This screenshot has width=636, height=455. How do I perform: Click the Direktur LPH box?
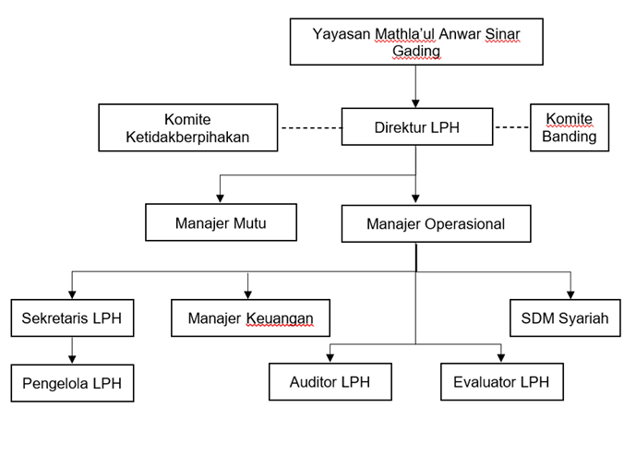(x=417, y=126)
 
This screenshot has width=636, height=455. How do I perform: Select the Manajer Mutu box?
(x=221, y=222)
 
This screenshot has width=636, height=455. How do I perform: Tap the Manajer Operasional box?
(x=436, y=223)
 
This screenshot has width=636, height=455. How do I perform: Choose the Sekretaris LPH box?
(x=72, y=317)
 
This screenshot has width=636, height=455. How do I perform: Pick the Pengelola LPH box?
(x=72, y=383)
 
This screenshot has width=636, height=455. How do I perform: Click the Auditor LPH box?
(x=330, y=381)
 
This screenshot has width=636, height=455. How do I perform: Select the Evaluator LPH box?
(x=502, y=381)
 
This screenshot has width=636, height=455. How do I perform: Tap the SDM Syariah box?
(x=565, y=317)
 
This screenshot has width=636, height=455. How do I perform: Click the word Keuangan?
(x=280, y=318)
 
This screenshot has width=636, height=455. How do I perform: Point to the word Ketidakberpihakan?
(x=187, y=138)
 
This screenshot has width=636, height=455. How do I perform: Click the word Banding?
(x=569, y=137)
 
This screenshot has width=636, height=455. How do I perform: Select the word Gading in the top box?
(x=416, y=51)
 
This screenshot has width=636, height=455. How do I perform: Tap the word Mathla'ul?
(x=405, y=34)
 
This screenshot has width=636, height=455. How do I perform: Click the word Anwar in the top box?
(x=460, y=34)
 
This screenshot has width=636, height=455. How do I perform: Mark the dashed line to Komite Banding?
(x=512, y=127)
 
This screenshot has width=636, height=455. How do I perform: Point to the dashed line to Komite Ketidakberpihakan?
(x=311, y=128)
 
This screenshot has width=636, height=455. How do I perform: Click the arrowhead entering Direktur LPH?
(x=415, y=103)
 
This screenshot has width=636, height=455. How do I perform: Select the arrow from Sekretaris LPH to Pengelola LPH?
(x=72, y=351)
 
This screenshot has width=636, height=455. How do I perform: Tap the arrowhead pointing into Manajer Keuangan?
(x=247, y=294)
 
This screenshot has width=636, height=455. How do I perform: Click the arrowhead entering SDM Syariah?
(x=570, y=294)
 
